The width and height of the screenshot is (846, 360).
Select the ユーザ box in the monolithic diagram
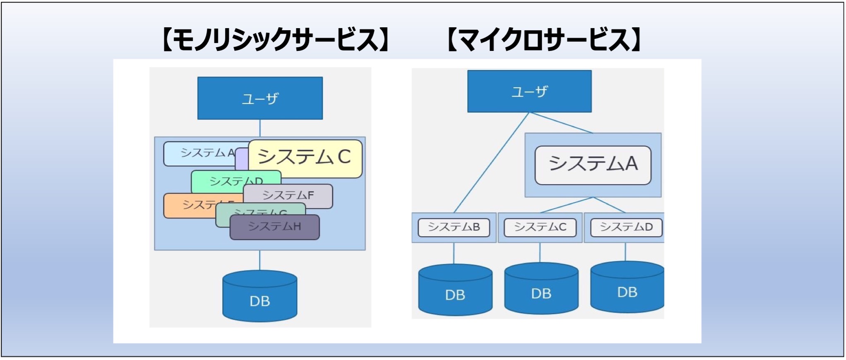[260, 98]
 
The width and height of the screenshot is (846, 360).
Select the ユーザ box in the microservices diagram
[529, 91]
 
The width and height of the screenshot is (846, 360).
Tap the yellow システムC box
[305, 157]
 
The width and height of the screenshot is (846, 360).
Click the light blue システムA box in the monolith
[199, 154]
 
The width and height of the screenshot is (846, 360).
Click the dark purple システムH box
[275, 227]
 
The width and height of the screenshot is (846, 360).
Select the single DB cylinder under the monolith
[260, 297]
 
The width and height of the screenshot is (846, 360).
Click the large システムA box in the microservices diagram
[593, 165]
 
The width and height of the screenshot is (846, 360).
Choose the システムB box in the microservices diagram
[454, 227]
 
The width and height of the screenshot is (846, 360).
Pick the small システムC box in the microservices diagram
[540, 227]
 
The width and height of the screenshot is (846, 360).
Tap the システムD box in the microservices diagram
[626, 227]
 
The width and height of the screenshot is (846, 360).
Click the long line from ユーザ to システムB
[491, 163]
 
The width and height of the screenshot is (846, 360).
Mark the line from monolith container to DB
[260, 260]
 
